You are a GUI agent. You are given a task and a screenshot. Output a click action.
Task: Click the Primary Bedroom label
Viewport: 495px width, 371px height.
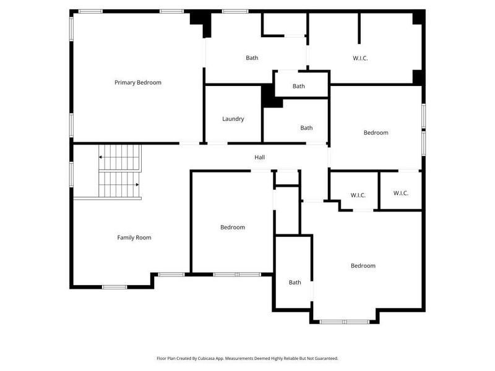tap(138, 82)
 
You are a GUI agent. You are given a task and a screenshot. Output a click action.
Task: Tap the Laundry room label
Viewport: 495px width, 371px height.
tap(233, 119)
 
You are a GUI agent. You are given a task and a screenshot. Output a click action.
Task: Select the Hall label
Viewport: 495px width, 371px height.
tap(260, 158)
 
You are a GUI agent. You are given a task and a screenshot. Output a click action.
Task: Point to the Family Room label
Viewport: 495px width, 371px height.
tap(134, 237)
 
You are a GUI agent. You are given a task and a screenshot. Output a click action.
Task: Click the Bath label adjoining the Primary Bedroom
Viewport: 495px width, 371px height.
tap(252, 58)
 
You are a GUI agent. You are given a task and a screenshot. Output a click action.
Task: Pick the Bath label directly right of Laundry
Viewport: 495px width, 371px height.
tap(306, 128)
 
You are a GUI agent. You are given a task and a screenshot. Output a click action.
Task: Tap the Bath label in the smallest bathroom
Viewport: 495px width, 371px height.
tap(299, 86)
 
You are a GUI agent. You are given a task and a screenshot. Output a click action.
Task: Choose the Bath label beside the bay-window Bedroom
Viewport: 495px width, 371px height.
tap(295, 283)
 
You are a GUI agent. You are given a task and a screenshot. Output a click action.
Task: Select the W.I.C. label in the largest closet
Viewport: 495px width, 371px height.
tap(361, 58)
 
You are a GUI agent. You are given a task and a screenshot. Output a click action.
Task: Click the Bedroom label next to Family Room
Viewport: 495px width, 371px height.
tap(233, 227)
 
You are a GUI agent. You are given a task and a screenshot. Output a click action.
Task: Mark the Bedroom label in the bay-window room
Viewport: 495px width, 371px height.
tap(363, 266)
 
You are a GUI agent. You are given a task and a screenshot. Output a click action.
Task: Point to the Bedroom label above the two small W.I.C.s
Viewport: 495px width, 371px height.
tap(376, 133)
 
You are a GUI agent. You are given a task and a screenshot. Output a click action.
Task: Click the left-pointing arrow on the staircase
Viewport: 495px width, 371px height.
tap(101, 157)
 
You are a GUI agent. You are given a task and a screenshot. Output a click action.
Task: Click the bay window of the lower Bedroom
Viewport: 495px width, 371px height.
tap(345, 322)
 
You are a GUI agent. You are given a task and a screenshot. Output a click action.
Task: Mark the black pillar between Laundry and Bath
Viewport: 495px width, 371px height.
tap(270, 96)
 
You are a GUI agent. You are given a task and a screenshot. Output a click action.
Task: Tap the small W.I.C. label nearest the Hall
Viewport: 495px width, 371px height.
tap(358, 195)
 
